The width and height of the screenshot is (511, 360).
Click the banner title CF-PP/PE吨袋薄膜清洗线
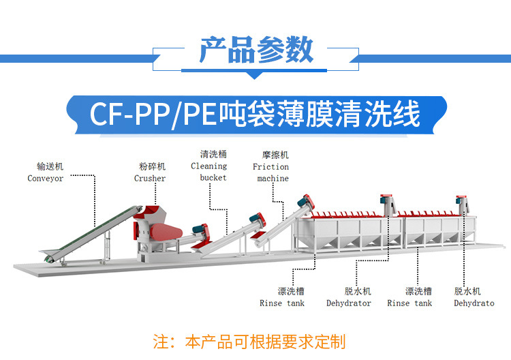point(255,114)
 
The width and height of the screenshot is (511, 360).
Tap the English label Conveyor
point(46,179)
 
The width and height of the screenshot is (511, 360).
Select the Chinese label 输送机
point(49,166)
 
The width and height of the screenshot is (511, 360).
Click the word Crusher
point(150,179)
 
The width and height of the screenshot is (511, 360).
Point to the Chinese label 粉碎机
point(152,166)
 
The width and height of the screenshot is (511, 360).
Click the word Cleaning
point(209,166)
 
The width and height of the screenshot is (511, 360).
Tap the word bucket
point(213,178)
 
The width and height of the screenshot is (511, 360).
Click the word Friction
point(270,167)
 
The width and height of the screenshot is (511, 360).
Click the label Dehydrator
point(349,303)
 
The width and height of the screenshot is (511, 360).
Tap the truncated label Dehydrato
point(474,303)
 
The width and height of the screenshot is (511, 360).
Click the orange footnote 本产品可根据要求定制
point(265,342)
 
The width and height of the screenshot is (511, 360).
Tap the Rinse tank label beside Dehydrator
point(281,303)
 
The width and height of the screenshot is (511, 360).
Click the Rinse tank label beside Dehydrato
point(409,303)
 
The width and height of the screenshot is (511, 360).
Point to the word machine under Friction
point(273,179)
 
